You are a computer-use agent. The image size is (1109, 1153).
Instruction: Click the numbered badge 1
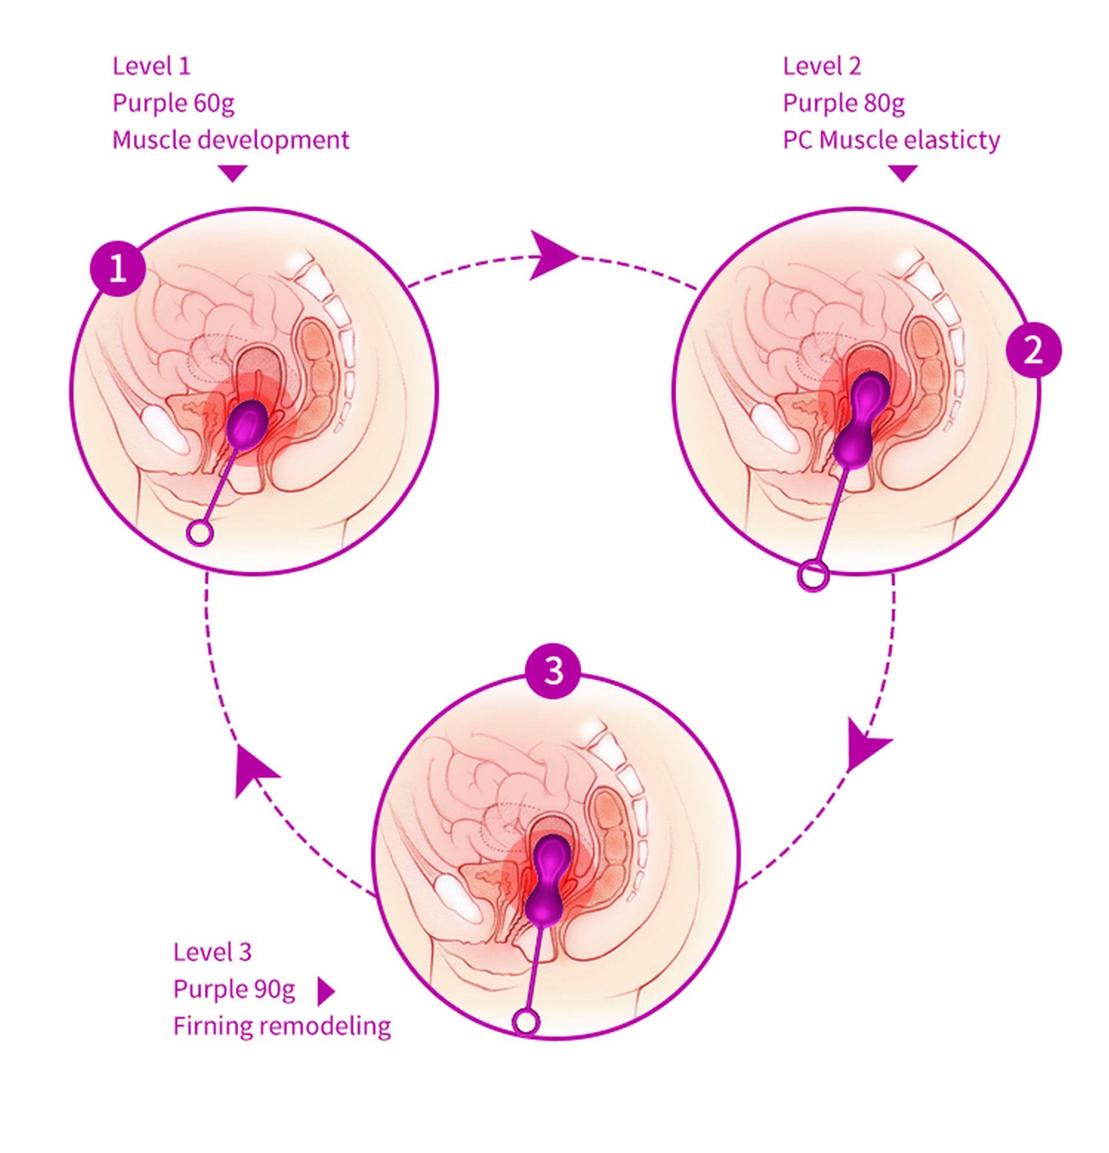click(118, 270)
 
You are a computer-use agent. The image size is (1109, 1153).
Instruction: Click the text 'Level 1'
click(152, 66)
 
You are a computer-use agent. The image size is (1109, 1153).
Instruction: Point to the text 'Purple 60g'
click(174, 103)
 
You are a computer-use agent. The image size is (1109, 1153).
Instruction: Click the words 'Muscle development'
click(231, 140)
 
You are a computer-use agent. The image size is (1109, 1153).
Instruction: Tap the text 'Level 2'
click(822, 66)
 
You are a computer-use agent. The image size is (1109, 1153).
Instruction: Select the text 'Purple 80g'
click(844, 103)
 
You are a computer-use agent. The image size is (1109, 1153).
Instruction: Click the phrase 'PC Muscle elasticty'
click(891, 140)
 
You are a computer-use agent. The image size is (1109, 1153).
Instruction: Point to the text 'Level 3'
click(212, 952)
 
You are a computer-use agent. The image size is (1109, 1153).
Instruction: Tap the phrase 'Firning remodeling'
click(282, 1027)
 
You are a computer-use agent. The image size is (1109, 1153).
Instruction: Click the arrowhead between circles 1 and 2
click(551, 257)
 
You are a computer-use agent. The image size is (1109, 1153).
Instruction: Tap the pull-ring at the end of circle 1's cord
click(200, 534)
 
